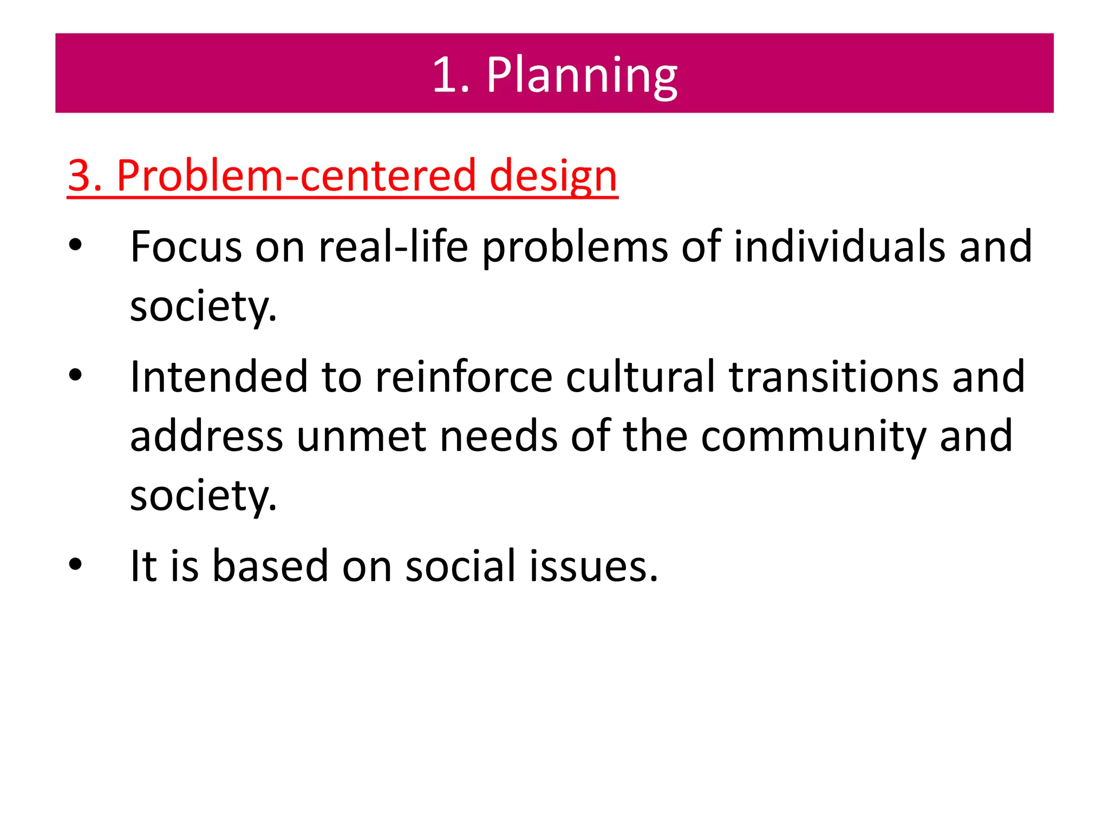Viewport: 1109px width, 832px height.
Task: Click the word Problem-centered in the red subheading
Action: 296,176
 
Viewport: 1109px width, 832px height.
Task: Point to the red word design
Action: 553,176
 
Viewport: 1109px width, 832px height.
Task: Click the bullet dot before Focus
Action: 75,245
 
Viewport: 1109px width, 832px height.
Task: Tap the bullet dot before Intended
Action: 75,375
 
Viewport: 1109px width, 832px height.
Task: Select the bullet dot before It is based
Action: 75,564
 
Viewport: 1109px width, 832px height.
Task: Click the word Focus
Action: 186,247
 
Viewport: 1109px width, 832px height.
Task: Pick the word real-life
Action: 393,247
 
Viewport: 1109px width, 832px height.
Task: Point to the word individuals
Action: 839,247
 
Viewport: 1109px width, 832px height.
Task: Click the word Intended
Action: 219,376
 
